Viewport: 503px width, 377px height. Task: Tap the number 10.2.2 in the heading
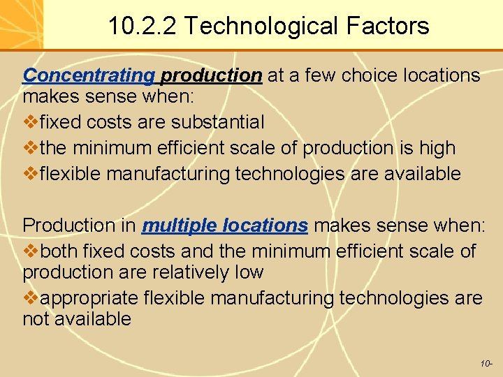tap(143, 27)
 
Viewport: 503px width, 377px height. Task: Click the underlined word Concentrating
tap(89, 75)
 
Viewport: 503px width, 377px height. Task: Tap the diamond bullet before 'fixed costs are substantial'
tap(30, 122)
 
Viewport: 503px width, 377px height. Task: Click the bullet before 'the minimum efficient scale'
tap(30, 148)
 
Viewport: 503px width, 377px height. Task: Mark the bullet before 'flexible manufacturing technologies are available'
tap(30, 173)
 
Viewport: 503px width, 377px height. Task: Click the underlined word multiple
tap(179, 226)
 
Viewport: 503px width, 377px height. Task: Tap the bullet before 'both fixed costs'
tap(30, 251)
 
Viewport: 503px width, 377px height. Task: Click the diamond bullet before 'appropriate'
tap(30, 298)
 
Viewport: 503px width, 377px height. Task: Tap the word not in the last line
tap(36, 319)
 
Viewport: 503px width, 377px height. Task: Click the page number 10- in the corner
tap(486, 364)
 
